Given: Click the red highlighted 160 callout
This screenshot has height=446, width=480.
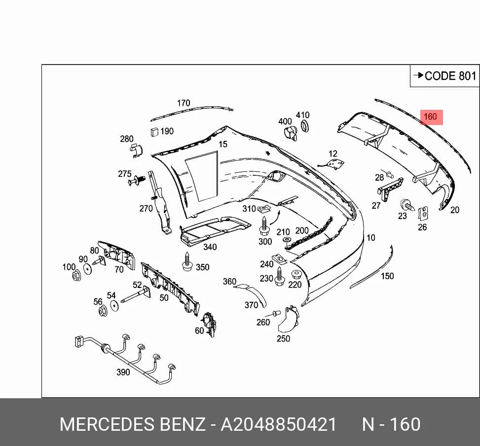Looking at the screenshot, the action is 431,117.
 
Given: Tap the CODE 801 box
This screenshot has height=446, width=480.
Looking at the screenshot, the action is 445,76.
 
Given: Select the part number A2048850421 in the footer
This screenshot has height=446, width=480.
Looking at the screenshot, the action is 279,424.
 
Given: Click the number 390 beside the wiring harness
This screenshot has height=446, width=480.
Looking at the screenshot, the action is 123,372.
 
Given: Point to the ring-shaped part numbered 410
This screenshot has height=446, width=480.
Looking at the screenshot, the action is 305,126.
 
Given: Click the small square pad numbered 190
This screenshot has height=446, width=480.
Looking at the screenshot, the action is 154,132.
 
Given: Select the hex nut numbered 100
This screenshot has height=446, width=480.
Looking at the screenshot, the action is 76,276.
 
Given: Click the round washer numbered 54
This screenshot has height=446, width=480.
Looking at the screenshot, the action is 114,306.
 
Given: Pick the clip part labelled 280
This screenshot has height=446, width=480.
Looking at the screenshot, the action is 136,151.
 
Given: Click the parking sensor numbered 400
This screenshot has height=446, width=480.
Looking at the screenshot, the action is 290,134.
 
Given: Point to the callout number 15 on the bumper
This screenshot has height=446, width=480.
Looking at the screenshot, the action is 223,144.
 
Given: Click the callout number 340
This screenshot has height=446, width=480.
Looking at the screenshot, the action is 210,247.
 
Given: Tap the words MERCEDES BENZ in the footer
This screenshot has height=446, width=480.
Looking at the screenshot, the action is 132,424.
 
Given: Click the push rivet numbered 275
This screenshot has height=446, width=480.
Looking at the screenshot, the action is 137,180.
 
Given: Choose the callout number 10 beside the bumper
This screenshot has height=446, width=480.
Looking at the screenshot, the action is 370,238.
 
